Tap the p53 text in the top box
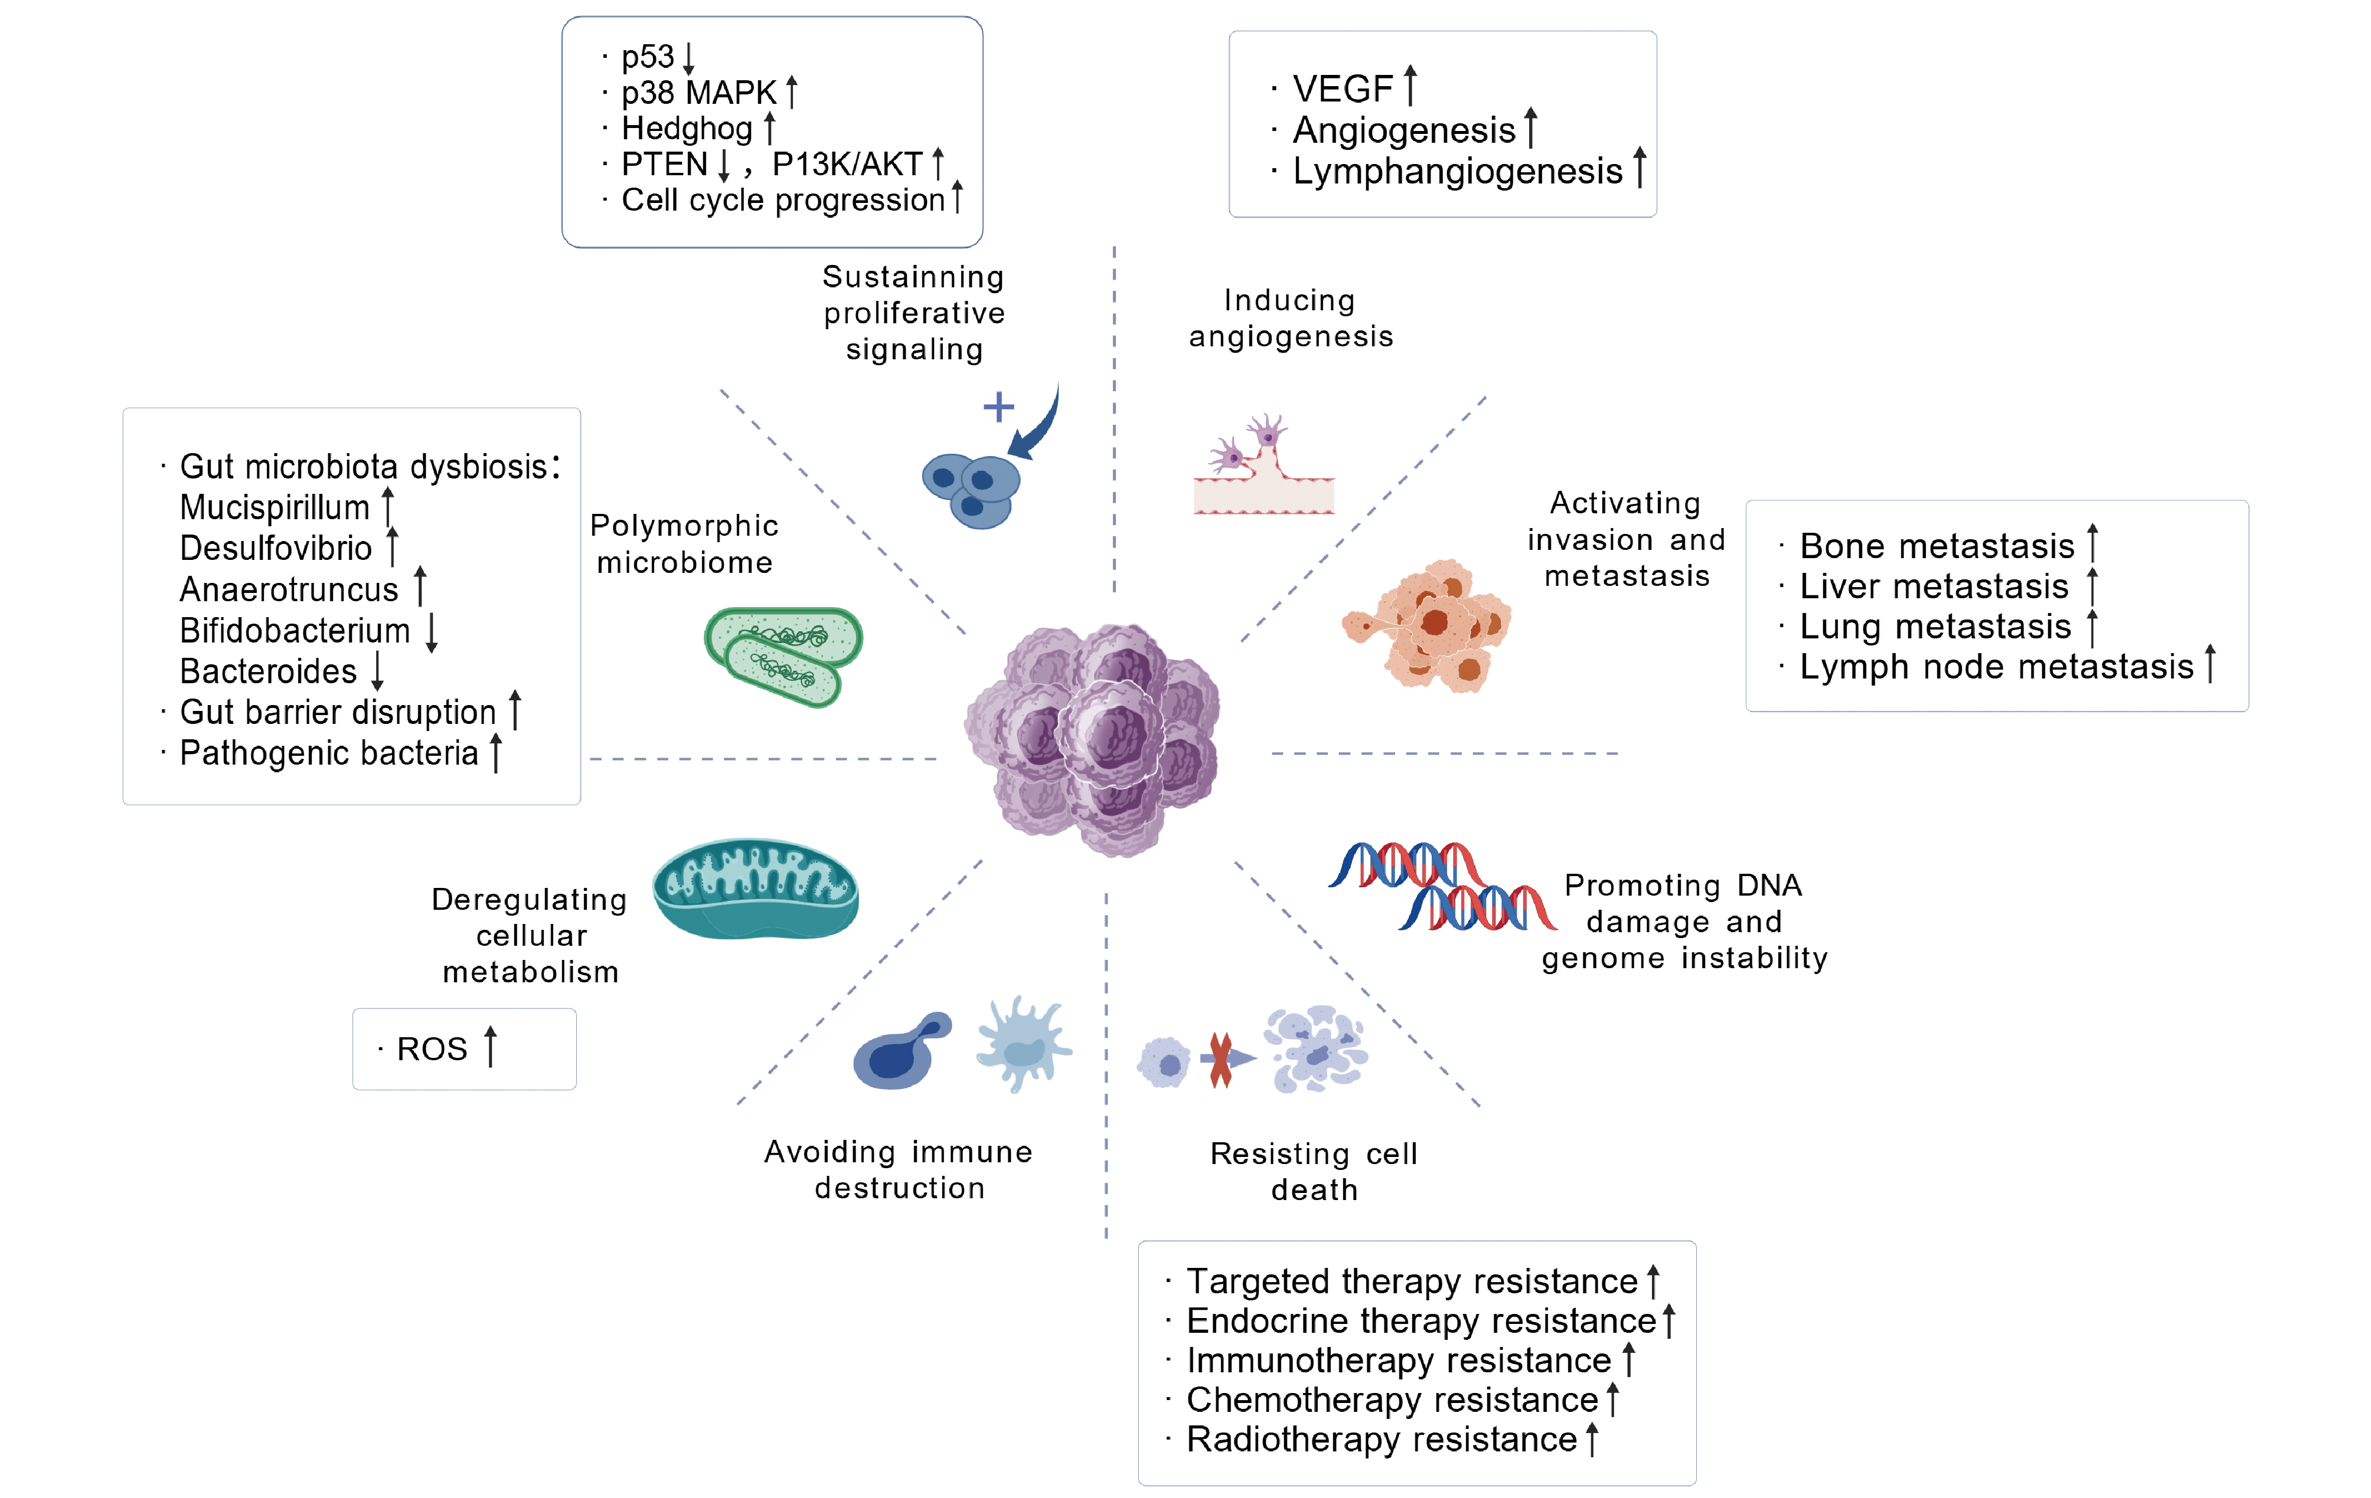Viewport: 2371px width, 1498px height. coord(647,57)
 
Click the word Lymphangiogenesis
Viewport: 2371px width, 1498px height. coord(1457,171)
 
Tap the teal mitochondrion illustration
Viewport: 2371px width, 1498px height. coord(755,889)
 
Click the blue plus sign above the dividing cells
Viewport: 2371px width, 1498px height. coord(998,407)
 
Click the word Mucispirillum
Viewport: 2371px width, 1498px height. coord(275,508)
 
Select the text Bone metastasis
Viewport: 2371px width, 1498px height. coord(1936,546)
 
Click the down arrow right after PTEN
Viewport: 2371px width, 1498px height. coord(724,165)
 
